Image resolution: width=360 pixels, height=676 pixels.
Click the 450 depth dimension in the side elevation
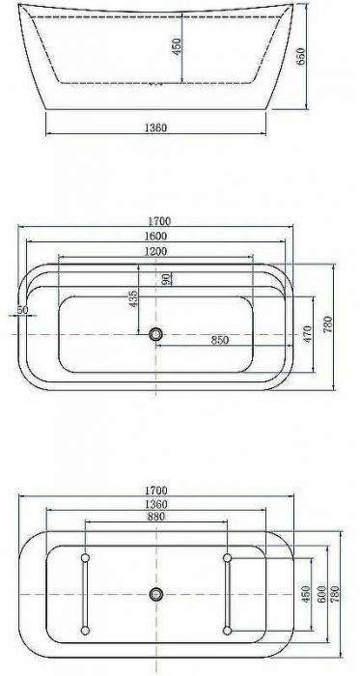coord(177,47)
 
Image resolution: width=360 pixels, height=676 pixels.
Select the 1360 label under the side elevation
coord(155,127)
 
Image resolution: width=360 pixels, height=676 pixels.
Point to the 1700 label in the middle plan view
coord(155,221)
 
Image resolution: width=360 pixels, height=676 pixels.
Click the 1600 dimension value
coord(155,236)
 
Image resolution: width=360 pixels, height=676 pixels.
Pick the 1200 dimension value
coord(155,251)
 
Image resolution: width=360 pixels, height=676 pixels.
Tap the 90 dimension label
coord(166,278)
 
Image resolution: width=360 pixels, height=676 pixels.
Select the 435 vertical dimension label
coord(133,299)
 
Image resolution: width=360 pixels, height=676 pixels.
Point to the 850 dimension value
coord(220,340)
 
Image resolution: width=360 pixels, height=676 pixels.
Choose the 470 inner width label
coord(307,334)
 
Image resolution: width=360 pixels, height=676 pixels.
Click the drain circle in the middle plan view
coord(155,334)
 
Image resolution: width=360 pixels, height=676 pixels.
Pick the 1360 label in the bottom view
coord(155,502)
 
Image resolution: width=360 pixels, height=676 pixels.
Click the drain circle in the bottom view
coord(155,594)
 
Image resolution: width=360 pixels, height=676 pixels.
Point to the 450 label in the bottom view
coord(307,594)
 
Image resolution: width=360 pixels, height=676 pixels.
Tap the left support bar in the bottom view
coord(85,594)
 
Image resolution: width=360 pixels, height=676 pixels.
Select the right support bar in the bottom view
coord(227,594)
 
